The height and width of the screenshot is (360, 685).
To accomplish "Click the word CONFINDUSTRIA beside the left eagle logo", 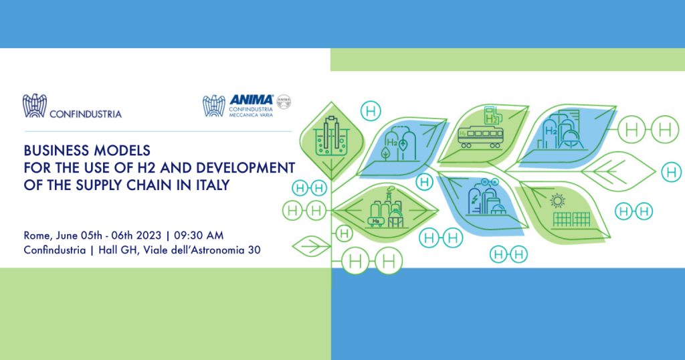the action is coord(86,114).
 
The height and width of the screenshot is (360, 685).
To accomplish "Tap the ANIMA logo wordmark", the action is coord(252,100).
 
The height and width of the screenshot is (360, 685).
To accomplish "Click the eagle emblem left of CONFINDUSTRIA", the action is coord(35,106).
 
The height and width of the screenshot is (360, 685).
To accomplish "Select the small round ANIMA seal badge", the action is coord(284,102).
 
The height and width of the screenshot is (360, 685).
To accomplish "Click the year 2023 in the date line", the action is coord(149,236).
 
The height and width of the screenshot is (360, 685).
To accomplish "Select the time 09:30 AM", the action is coord(199,236).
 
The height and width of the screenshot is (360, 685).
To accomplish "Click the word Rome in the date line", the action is coord(36,236).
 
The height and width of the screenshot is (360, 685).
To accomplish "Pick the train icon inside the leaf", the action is coord(480,137).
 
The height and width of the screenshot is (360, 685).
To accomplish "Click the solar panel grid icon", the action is coord(571,219).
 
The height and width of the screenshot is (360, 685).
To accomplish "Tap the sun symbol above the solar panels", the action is coord(557,201).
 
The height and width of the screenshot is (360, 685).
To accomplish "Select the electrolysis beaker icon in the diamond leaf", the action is coord(332,137).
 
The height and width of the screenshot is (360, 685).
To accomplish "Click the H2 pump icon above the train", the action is coord(492,115).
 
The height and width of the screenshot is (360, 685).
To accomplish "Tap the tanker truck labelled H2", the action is coord(377,222).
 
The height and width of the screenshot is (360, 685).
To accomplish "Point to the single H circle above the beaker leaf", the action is coord(371,111).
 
